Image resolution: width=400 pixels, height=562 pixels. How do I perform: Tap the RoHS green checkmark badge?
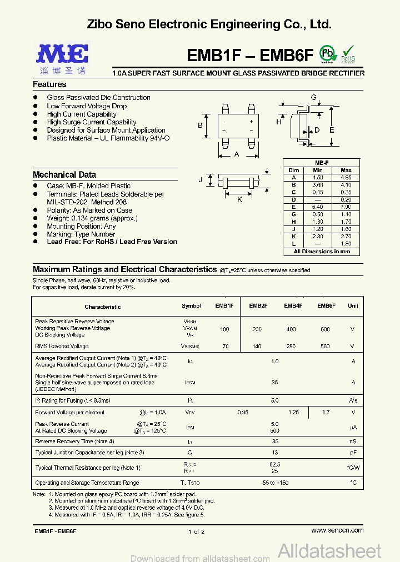click(x=348, y=54)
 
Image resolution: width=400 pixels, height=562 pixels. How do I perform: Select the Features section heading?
click(x=49, y=84)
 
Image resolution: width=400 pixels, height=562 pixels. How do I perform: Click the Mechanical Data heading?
click(x=64, y=174)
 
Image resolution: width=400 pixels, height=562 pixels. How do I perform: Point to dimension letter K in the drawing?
click(x=239, y=199)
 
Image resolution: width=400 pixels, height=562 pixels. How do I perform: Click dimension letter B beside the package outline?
click(x=200, y=126)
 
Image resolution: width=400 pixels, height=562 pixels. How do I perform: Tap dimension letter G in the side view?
click(x=313, y=98)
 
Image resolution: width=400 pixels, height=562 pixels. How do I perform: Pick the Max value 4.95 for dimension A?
click(x=346, y=178)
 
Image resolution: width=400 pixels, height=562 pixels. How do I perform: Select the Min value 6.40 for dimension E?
click(x=318, y=207)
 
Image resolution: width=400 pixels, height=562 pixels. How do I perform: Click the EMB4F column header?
click(x=293, y=306)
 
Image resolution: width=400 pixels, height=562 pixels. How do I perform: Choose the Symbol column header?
click(x=192, y=306)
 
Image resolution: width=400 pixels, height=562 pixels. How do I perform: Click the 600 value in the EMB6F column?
click(x=326, y=329)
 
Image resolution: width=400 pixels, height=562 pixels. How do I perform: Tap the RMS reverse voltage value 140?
click(x=257, y=346)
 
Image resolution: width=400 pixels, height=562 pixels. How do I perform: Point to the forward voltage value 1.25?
click(x=293, y=413)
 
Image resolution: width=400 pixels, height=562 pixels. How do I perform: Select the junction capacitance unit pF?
click(x=353, y=453)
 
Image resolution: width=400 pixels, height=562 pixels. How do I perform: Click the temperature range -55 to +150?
click(x=274, y=483)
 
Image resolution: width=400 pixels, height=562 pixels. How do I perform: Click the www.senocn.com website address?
click(x=337, y=530)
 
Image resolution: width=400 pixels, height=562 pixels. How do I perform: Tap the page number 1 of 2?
click(x=197, y=531)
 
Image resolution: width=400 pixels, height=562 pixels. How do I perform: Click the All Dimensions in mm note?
click(x=322, y=252)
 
